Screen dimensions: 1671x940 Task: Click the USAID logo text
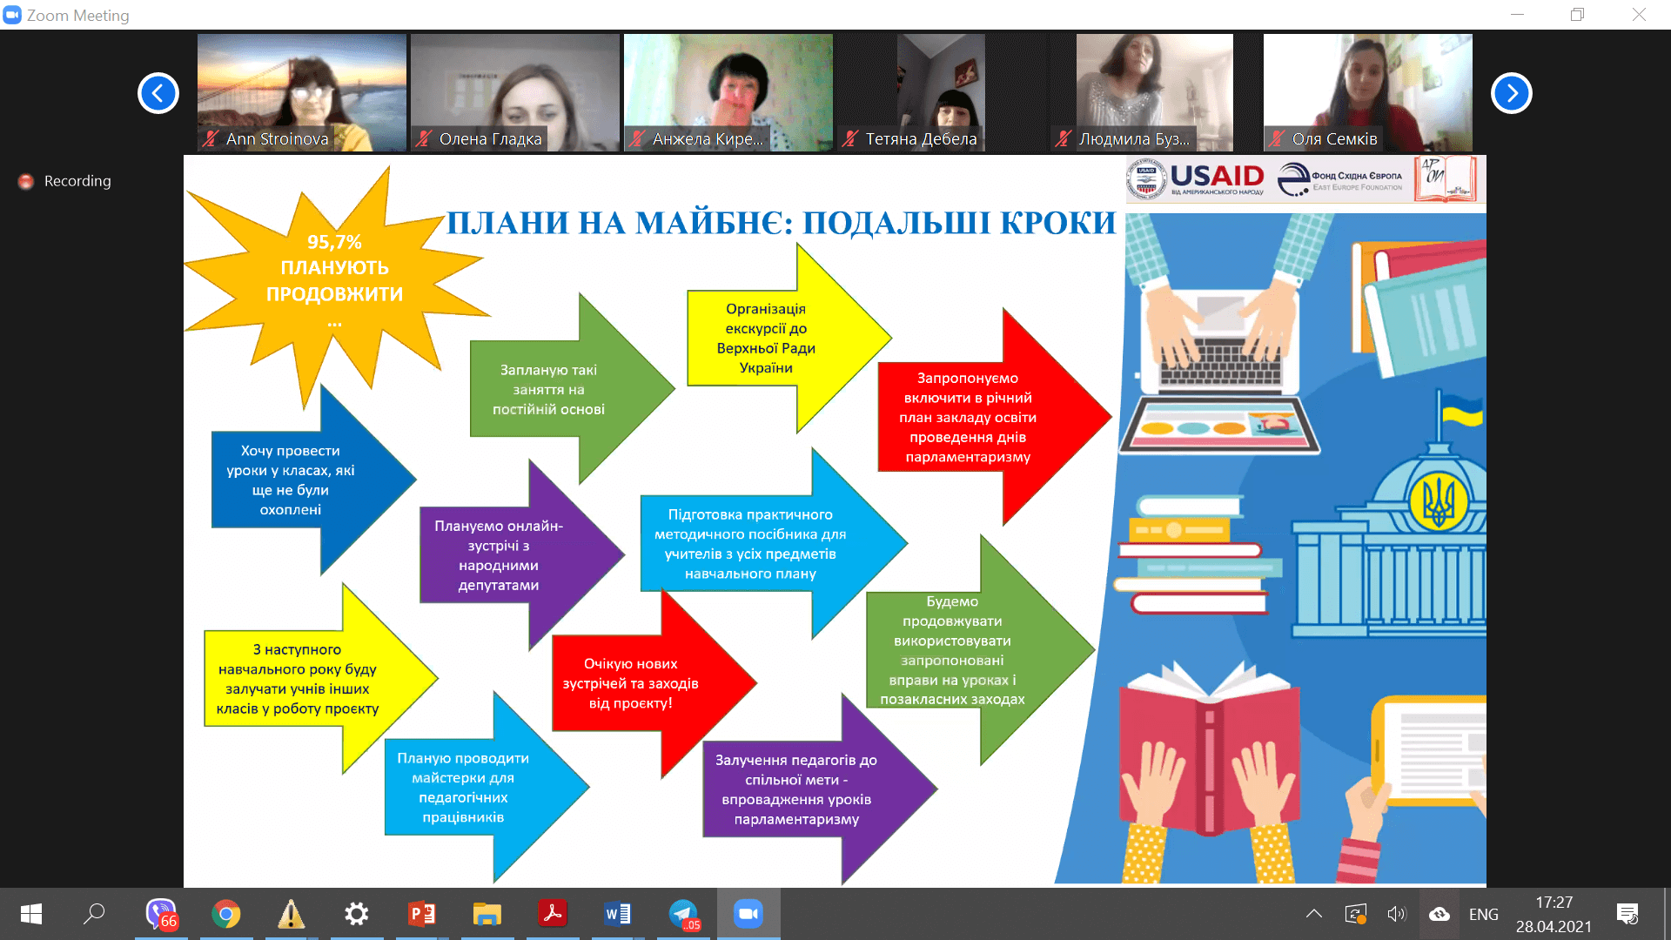[1217, 176]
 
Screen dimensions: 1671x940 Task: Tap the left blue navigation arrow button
[158, 93]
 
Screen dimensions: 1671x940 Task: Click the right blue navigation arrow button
[1512, 93]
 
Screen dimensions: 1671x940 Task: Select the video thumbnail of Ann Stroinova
[302, 92]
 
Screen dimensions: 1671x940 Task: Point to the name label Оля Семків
[1334, 138]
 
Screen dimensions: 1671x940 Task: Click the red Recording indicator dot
[26, 181]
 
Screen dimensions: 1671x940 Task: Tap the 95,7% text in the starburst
[334, 242]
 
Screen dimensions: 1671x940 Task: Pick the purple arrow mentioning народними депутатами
[520, 554]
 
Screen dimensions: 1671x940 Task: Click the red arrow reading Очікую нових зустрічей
[653, 683]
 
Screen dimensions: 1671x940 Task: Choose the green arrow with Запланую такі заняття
[571, 388]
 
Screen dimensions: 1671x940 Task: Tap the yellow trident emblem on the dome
[1439, 502]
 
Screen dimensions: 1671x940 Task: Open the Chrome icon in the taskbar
[226, 914]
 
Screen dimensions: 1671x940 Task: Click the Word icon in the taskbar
[618, 914]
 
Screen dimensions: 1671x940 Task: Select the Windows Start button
[31, 914]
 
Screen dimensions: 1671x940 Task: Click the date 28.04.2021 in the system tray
[1554, 926]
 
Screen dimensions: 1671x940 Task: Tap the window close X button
[1639, 15]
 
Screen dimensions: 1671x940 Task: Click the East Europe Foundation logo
[1340, 179]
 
